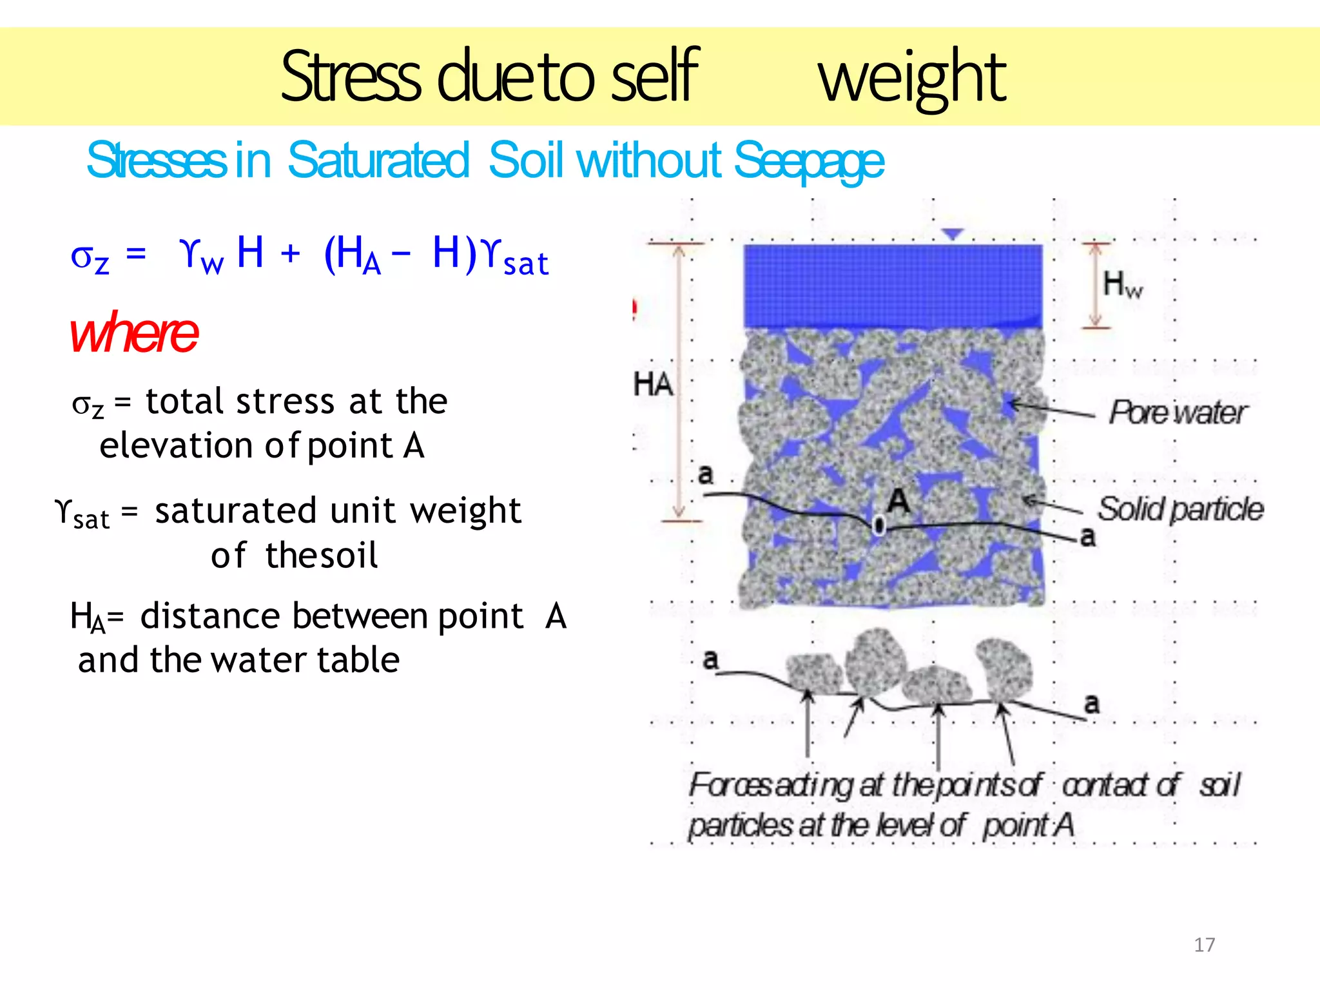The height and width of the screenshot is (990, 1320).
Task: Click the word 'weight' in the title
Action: tap(912, 77)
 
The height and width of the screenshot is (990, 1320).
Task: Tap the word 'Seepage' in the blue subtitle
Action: tap(809, 161)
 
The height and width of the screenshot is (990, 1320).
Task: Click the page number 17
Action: tap(1204, 945)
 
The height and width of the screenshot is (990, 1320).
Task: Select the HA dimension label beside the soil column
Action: tap(653, 385)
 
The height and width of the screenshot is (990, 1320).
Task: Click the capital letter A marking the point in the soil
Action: tap(898, 501)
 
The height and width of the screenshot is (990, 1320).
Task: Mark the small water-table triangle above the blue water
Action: tap(953, 234)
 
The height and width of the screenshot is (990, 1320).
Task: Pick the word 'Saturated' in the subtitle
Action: tap(378, 161)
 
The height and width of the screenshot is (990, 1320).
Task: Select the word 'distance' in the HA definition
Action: tap(209, 616)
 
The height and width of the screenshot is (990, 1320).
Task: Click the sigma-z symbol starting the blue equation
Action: tap(89, 258)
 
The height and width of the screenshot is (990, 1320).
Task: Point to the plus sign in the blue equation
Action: tap(291, 253)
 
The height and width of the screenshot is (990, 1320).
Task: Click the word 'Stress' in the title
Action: tap(351, 77)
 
